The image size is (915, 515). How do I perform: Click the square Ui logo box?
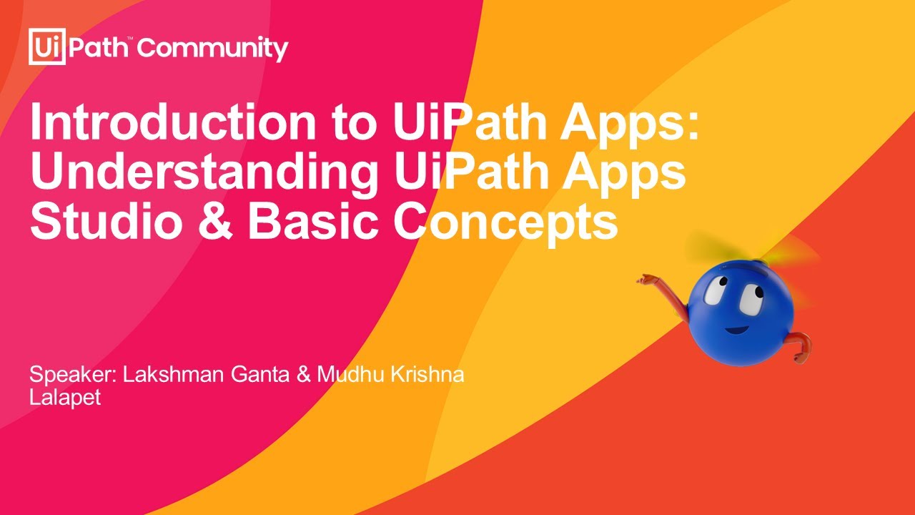coord(47,47)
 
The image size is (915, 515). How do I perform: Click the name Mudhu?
coord(348,375)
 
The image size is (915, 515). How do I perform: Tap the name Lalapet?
coord(64,398)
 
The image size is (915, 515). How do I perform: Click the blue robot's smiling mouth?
coord(737,330)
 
